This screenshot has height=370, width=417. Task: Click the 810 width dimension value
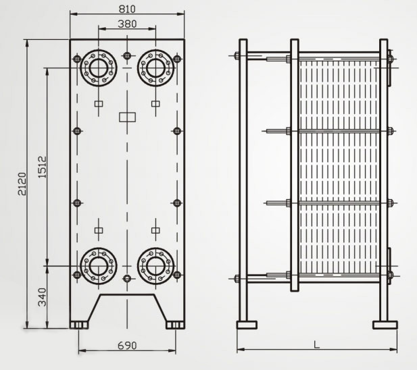click(x=126, y=9)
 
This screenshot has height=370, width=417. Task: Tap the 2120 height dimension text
click(x=22, y=184)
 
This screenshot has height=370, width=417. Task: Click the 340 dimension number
click(x=42, y=298)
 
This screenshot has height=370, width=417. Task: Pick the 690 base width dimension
click(x=127, y=345)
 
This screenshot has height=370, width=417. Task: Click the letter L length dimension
click(x=316, y=344)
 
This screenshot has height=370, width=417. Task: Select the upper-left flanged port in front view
click(x=98, y=68)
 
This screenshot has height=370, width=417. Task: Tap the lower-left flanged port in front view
click(x=98, y=265)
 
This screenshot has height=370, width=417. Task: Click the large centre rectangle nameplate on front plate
click(x=127, y=117)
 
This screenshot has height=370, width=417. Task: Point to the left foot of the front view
click(x=80, y=325)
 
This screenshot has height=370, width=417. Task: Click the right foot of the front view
click(x=174, y=325)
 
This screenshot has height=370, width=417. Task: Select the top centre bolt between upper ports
click(x=127, y=55)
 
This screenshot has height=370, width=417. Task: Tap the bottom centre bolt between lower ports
click(x=127, y=278)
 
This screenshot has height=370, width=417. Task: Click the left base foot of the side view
click(x=247, y=325)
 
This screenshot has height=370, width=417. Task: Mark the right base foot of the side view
click(x=385, y=325)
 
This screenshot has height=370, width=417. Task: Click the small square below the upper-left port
click(x=99, y=104)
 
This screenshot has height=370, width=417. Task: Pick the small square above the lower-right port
click(x=155, y=230)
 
